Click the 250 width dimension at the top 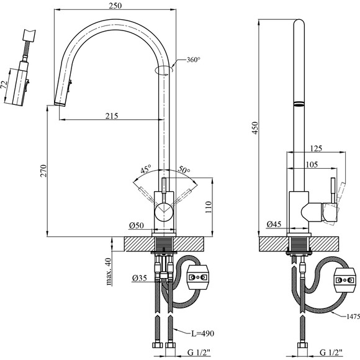pos(115,6)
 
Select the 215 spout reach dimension pos(112,115)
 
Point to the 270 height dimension pos(43,171)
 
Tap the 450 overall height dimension pos(255,128)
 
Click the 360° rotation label pos(193,60)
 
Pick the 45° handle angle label pos(146,169)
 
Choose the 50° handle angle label pos(184,169)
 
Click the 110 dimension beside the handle pos(208,207)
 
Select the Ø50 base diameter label pos(137,225)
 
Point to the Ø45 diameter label pos(274,224)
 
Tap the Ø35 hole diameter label pos(140,278)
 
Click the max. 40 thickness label pos(109,272)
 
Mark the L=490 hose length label pos(203,333)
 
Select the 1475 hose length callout pos(353,317)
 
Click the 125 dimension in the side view pos(316,148)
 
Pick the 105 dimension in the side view pos(312,164)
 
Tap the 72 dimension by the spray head pos(4,84)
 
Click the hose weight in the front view pos(198,277)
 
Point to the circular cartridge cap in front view pos(164,212)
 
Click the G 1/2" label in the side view pos(331,352)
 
